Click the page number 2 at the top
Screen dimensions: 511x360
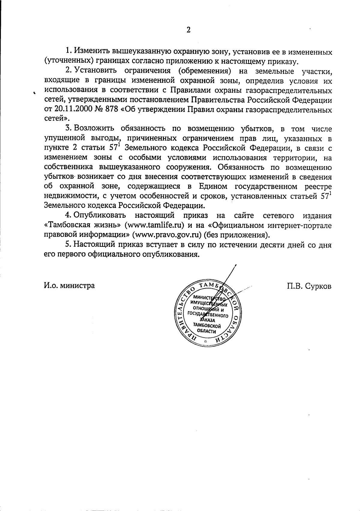tap(188, 30)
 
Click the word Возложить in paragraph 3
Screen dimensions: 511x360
tap(94, 129)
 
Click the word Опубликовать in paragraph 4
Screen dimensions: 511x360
tap(100, 216)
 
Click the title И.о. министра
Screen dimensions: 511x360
tap(69, 285)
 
